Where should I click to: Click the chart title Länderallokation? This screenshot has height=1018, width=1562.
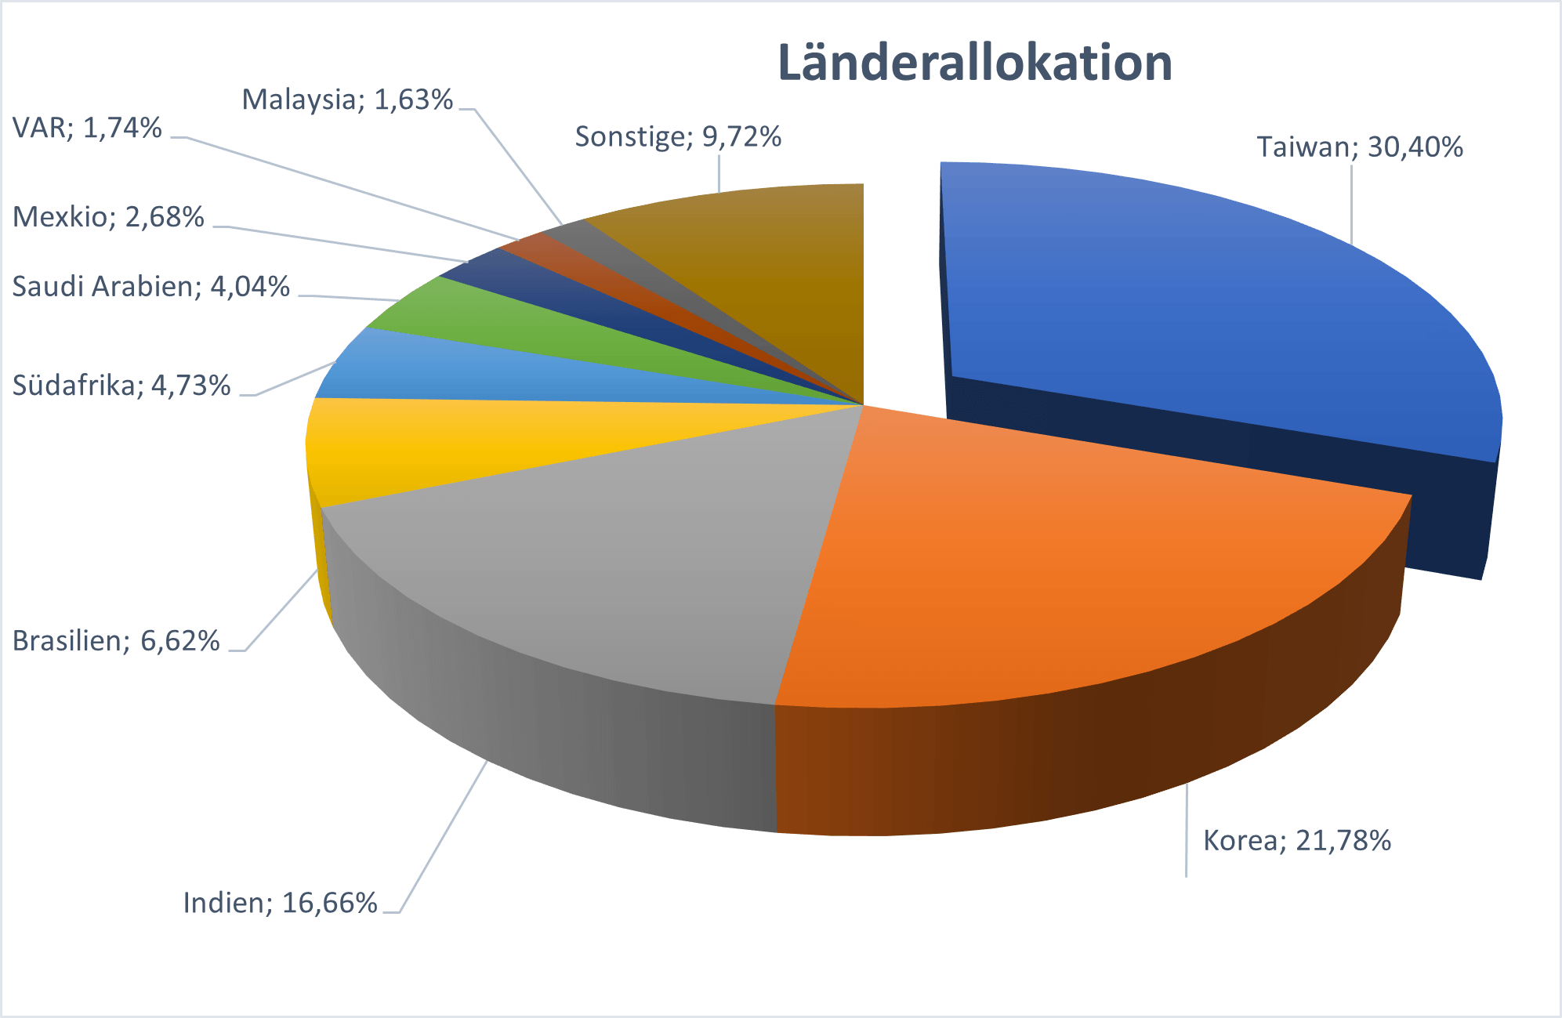tap(974, 63)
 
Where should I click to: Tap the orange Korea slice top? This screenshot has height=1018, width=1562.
tap(1082, 564)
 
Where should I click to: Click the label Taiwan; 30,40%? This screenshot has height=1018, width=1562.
tap(1360, 147)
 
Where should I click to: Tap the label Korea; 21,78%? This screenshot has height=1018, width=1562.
tap(1297, 841)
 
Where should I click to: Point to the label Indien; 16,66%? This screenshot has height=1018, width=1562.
tap(281, 904)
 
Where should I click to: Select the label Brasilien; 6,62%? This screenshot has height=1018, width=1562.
tap(116, 641)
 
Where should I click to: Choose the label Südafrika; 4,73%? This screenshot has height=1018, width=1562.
tap(121, 386)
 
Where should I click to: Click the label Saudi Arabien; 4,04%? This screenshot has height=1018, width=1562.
tap(151, 287)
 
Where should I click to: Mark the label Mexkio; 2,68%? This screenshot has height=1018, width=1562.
tap(108, 217)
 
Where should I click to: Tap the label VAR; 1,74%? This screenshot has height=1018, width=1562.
tap(87, 128)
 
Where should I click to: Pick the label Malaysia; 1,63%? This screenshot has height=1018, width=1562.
tap(347, 100)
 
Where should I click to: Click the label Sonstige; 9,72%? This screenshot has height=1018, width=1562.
tap(678, 137)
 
